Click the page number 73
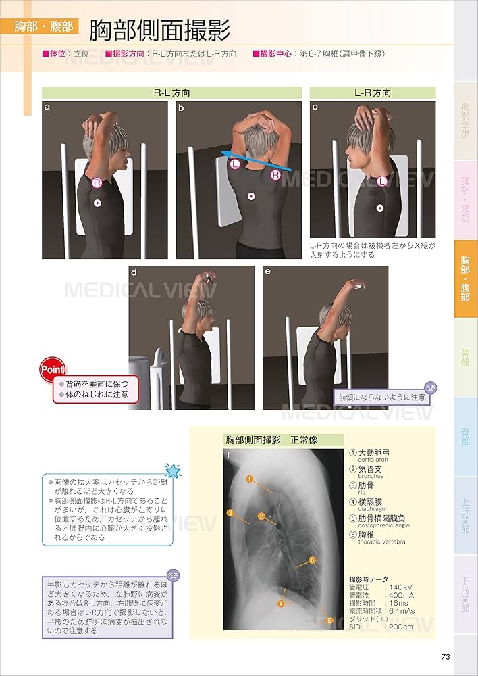(x=444, y=657)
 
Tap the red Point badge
(x=52, y=370)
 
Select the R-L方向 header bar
(x=171, y=93)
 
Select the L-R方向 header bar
(x=373, y=93)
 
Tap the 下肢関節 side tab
(x=465, y=594)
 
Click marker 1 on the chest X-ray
(x=249, y=479)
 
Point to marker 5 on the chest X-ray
(x=329, y=620)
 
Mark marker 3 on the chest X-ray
(x=230, y=512)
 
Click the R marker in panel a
(x=97, y=183)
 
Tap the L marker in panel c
(x=382, y=180)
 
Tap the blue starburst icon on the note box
(x=173, y=470)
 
